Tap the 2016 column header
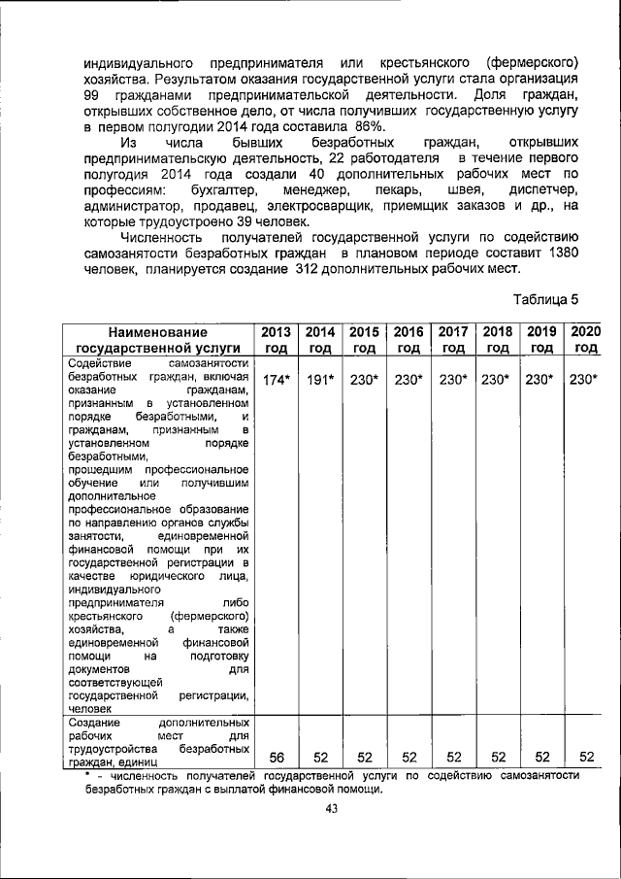pyautogui.click(x=409, y=340)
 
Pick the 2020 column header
pyautogui.click(x=585, y=340)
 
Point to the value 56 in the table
pyautogui.click(x=276, y=757)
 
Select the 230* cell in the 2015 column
pyautogui.click(x=365, y=381)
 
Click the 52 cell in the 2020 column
pyautogui.click(x=585, y=757)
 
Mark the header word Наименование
pyautogui.click(x=158, y=332)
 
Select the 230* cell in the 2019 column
pyautogui.click(x=541, y=381)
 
